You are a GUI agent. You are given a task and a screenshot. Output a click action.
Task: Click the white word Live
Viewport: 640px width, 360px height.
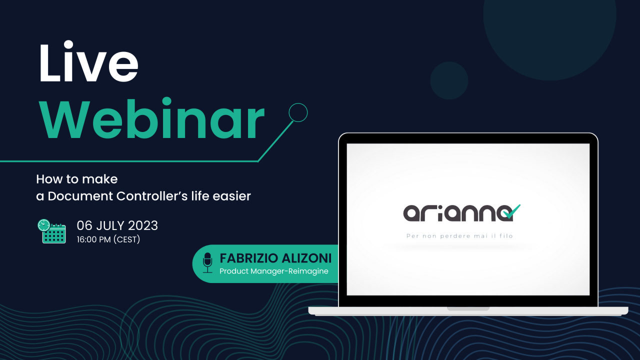point(88,61)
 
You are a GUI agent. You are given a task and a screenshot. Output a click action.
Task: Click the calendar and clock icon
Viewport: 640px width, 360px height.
point(51,231)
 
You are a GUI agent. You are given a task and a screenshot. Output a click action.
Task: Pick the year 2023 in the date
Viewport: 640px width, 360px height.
point(143,225)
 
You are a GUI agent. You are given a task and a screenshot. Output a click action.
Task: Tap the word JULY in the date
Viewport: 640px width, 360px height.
point(110,225)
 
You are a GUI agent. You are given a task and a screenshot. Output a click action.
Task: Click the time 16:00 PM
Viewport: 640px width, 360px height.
point(93,239)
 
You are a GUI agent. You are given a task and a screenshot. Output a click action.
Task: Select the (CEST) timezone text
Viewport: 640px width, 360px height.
point(127,239)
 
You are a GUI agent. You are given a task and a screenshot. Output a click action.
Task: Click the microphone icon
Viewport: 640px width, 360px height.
point(207,263)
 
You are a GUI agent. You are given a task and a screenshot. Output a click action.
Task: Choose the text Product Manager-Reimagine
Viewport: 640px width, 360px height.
point(273,271)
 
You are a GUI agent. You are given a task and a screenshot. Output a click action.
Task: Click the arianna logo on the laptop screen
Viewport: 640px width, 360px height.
point(461,213)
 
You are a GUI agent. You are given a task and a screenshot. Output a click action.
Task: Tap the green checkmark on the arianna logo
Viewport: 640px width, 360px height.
point(512,211)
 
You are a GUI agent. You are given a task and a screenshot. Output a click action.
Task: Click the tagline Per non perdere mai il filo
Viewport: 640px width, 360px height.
point(459,236)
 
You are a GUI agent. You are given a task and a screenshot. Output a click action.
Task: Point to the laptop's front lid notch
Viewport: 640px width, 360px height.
point(468,309)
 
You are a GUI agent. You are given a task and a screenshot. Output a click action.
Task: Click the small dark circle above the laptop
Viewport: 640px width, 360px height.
point(449,80)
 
